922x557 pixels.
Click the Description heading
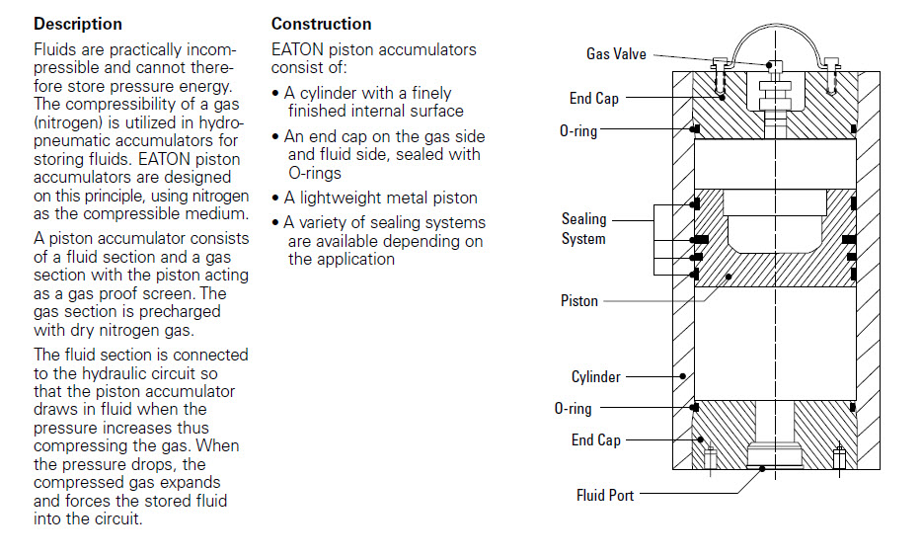coord(78,24)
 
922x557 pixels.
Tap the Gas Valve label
coord(616,54)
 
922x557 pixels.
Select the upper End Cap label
coord(594,98)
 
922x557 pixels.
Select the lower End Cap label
coord(595,439)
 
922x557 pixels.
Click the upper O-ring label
coord(578,130)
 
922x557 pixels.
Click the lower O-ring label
coord(573,408)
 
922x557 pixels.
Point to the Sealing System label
coord(583,229)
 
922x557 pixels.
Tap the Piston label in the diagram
coord(579,300)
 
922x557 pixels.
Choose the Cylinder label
coord(596,376)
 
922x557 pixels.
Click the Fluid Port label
coord(605,495)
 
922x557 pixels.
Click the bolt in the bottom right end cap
coord(839,457)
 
